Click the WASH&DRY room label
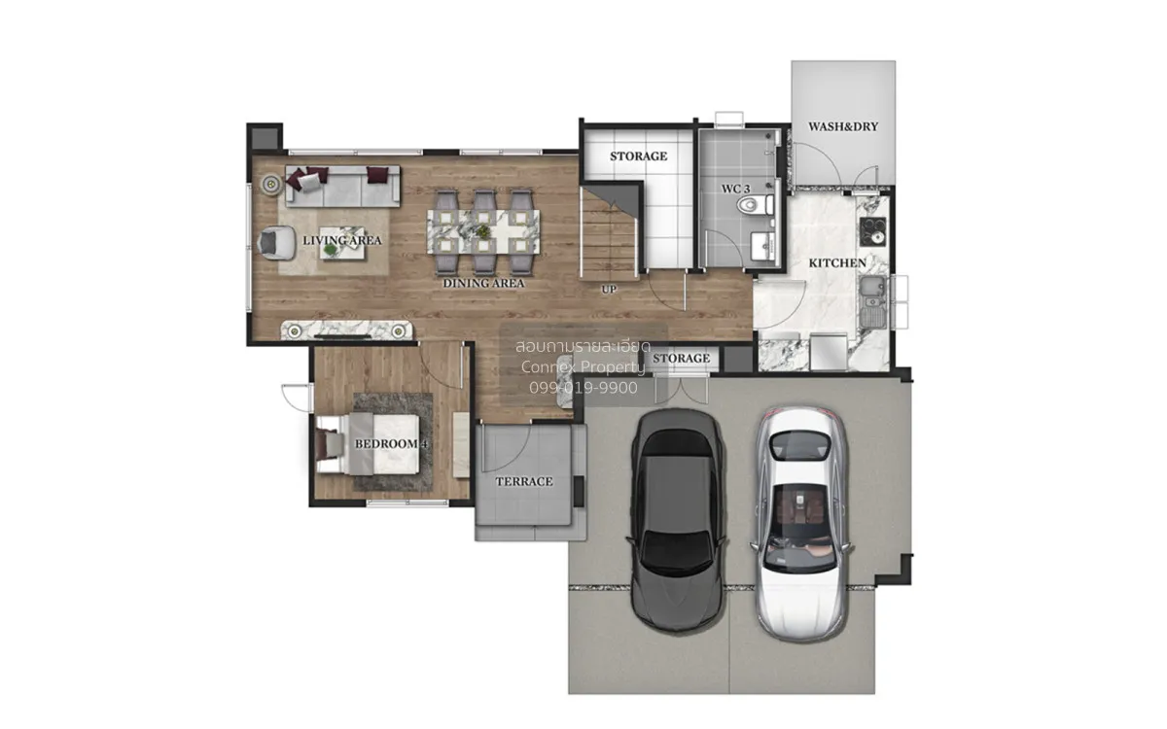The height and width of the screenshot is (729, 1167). pyautogui.click(x=843, y=126)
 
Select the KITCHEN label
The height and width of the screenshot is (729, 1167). pyautogui.click(x=837, y=263)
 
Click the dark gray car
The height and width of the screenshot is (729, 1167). pyautogui.click(x=677, y=519)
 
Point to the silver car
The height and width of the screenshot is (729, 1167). pyautogui.click(x=801, y=523)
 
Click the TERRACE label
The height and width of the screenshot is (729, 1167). pyautogui.click(x=524, y=482)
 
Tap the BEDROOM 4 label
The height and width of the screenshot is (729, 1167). pyautogui.click(x=391, y=443)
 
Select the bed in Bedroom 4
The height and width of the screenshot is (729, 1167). pyautogui.click(x=368, y=443)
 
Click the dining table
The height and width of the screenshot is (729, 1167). pyautogui.click(x=483, y=231)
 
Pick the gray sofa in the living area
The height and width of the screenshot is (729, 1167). pyautogui.click(x=342, y=186)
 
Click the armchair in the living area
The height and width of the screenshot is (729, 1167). pyautogui.click(x=276, y=243)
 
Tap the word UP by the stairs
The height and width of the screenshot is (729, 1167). pyautogui.click(x=609, y=290)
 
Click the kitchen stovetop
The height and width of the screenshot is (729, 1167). pyautogui.click(x=872, y=231)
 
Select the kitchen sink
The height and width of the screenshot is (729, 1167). pyautogui.click(x=872, y=301)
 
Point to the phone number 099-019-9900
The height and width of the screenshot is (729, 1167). pyautogui.click(x=583, y=388)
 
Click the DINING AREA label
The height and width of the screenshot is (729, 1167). pyautogui.click(x=483, y=283)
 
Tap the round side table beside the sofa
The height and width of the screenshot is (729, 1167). pyautogui.click(x=271, y=184)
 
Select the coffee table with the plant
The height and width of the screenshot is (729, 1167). pyautogui.click(x=341, y=244)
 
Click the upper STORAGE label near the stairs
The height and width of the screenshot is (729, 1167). pyautogui.click(x=638, y=156)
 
